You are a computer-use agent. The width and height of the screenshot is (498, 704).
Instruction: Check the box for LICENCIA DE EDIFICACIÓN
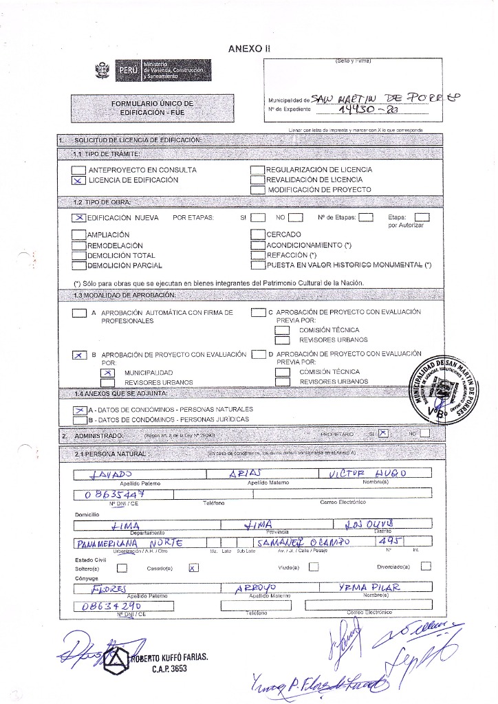[78, 180]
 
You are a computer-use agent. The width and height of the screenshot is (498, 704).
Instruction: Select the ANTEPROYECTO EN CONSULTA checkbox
[78, 170]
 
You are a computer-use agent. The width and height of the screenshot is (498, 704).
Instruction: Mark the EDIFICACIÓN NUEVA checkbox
[78, 218]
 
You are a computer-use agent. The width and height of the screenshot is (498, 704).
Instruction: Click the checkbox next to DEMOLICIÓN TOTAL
[78, 255]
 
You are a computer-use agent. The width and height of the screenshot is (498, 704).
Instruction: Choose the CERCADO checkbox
[258, 234]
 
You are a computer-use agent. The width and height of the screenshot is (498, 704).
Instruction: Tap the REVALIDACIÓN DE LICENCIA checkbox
[258, 179]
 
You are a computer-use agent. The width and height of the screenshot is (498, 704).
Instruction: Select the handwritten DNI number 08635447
[116, 494]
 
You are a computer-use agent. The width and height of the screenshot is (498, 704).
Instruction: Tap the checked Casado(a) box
[193, 567]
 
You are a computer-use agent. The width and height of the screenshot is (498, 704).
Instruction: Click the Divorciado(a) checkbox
[425, 566]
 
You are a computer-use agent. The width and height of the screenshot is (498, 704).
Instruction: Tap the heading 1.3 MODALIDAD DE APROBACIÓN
[125, 295]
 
